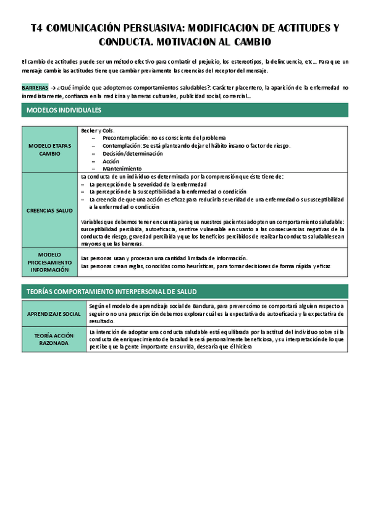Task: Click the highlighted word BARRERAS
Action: coord(35,88)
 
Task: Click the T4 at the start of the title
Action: coord(36,28)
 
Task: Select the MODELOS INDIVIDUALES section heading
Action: coord(64,111)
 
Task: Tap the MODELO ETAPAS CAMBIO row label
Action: coord(50,149)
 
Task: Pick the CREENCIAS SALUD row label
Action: coord(50,210)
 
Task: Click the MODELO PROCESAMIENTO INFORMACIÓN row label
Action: coord(50,262)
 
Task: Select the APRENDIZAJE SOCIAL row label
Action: coord(54,314)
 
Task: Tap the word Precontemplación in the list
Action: coord(126,138)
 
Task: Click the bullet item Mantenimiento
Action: coord(122,169)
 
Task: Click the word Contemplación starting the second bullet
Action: coord(123,146)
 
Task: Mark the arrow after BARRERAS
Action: coord(53,88)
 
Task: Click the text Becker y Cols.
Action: coord(96,130)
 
